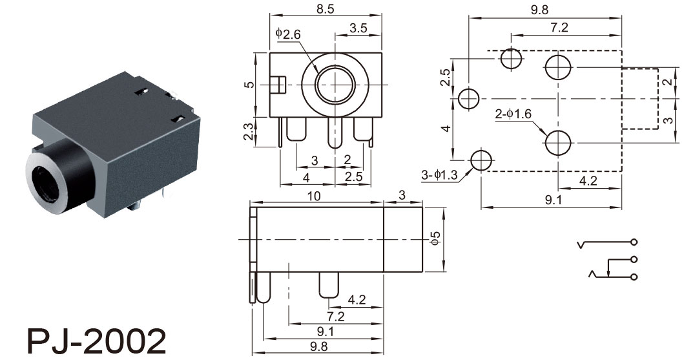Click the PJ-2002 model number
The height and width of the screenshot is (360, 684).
click(x=96, y=341)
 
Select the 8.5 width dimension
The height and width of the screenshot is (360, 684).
click(x=325, y=9)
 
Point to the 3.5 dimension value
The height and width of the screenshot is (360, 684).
click(x=358, y=28)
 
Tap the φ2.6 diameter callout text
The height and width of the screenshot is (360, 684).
click(x=288, y=34)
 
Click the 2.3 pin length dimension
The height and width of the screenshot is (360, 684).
click(x=248, y=132)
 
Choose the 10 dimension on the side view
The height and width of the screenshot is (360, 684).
click(x=314, y=196)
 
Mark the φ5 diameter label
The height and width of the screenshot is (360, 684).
click(x=435, y=238)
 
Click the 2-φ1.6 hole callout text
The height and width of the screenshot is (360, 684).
click(x=513, y=114)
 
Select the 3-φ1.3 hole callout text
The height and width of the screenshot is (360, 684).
click(x=439, y=175)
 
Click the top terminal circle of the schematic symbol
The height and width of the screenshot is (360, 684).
click(x=634, y=242)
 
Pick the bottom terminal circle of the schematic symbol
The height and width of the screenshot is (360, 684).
click(x=634, y=277)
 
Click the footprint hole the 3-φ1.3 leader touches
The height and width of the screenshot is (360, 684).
click(x=481, y=160)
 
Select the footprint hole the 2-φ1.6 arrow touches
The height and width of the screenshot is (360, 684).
click(x=558, y=142)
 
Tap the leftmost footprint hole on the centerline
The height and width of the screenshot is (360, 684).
click(x=469, y=98)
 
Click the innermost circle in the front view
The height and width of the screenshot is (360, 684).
click(x=335, y=85)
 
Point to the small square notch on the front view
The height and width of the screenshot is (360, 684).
click(x=278, y=85)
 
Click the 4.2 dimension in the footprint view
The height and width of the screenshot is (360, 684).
click(x=588, y=180)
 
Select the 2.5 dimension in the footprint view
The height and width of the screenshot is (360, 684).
click(x=445, y=78)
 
